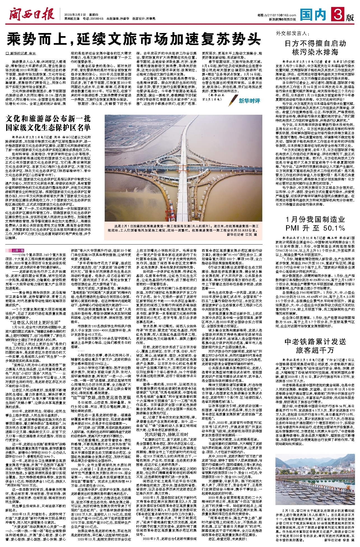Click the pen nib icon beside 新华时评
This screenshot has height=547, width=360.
pos(233,99)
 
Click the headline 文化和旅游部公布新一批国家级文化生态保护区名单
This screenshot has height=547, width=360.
pos(48,123)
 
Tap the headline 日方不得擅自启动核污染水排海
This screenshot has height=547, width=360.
pos(315,48)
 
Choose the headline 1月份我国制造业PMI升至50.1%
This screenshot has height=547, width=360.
pos(315,224)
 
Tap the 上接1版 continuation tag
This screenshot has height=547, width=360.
pos(18,250)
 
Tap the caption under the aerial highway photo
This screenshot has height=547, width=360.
pos(183,230)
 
